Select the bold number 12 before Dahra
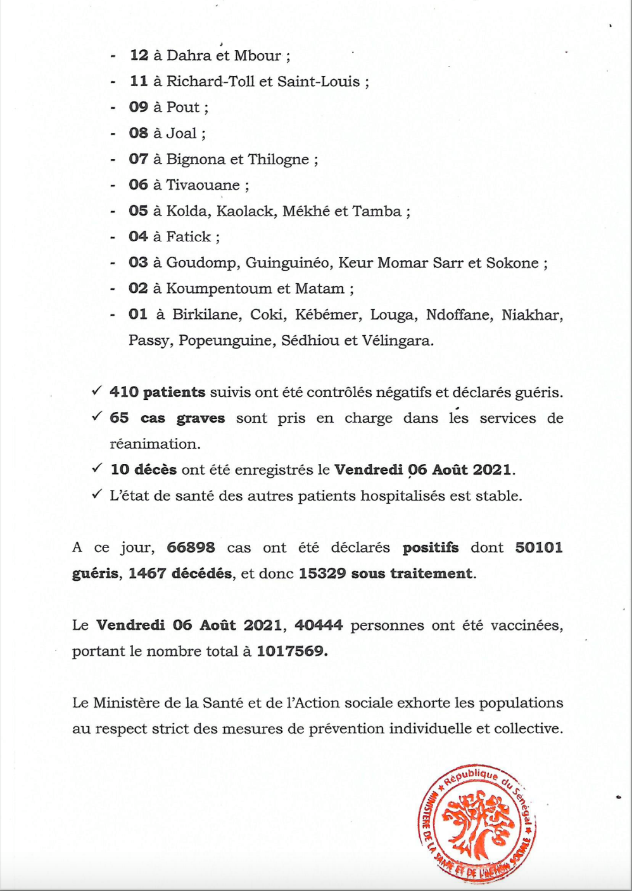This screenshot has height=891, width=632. click(139, 56)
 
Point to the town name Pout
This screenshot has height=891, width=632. click(182, 108)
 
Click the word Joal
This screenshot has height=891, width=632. click(181, 134)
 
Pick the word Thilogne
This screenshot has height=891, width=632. click(278, 160)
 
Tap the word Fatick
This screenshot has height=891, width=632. click(188, 237)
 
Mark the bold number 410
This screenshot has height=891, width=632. click(123, 392)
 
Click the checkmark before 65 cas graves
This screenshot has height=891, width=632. click(97, 417)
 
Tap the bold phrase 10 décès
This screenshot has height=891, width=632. click(143, 470)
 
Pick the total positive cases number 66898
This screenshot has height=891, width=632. click(191, 548)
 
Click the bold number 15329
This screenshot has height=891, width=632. click(322, 574)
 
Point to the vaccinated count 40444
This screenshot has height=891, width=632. click(319, 625)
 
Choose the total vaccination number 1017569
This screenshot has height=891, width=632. click(291, 651)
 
